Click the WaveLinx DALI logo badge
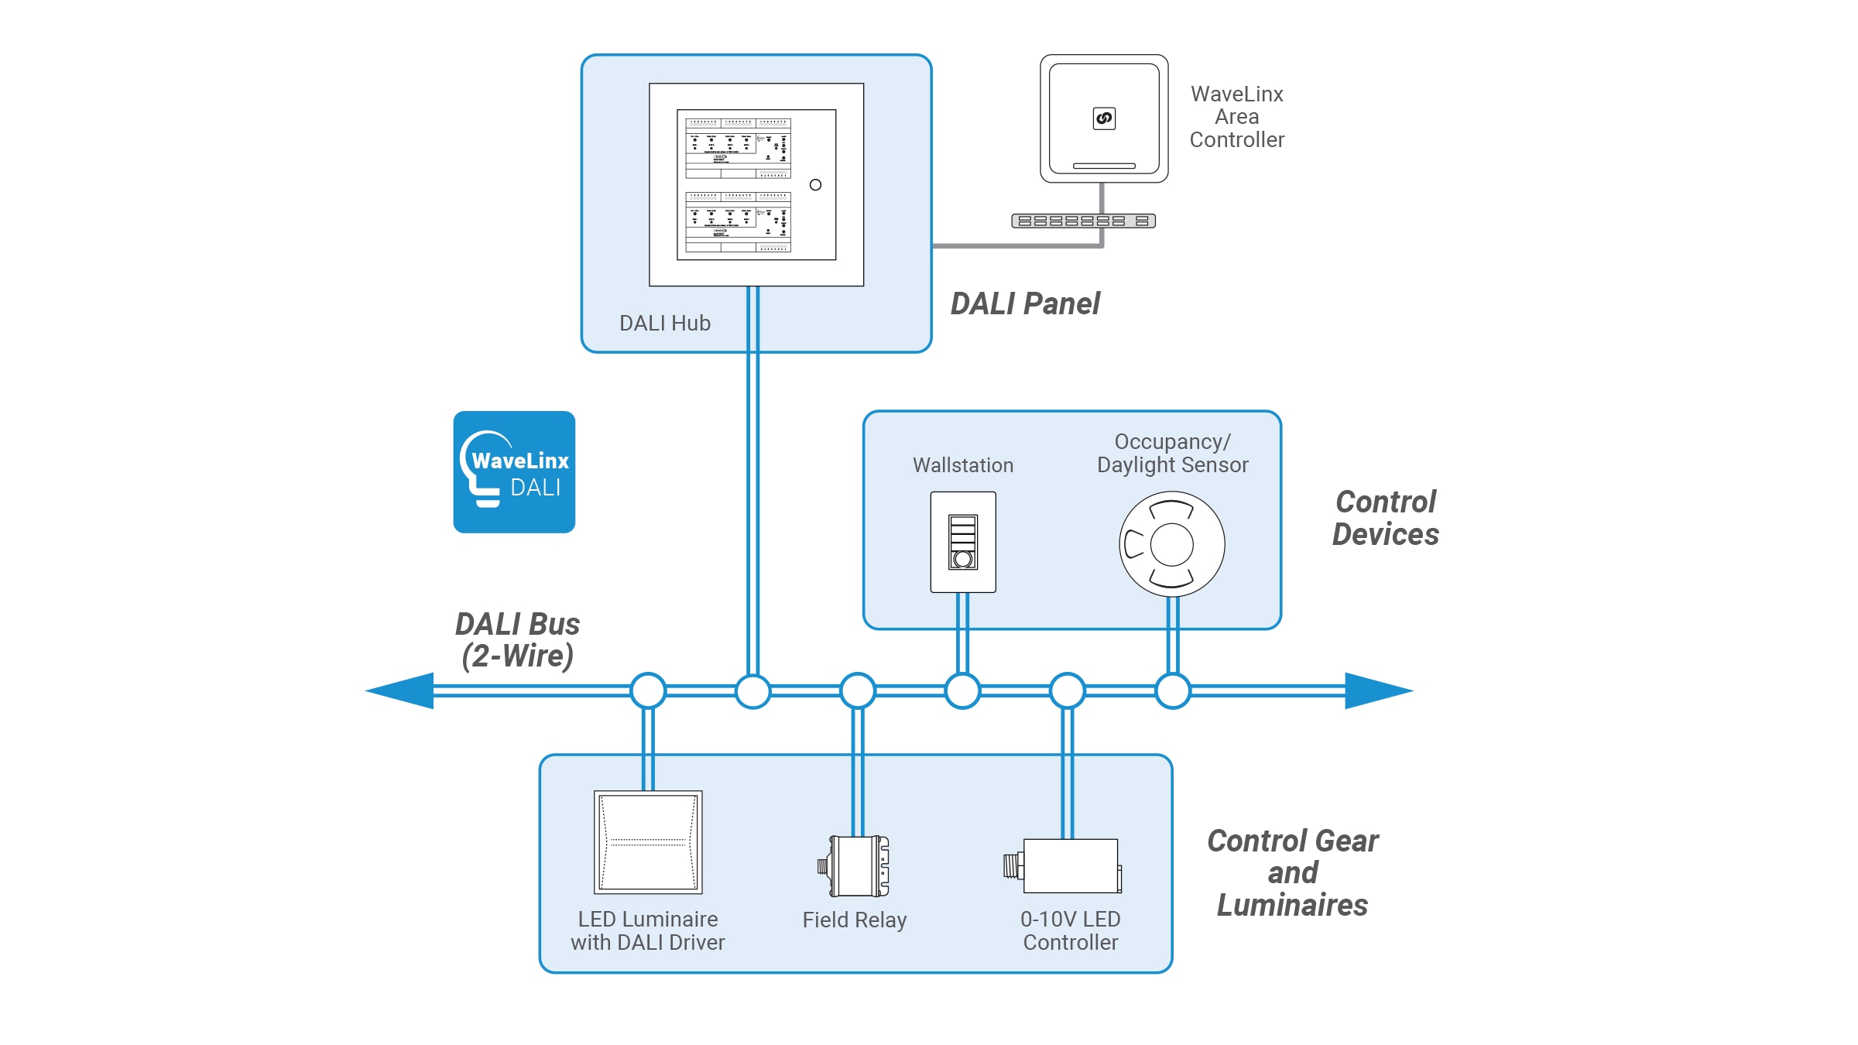[514, 471]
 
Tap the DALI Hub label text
[664, 323]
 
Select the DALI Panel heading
[1024, 303]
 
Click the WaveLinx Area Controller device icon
[1104, 118]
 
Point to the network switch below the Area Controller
[1083, 221]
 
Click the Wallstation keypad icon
[963, 542]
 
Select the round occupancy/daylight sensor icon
[1171, 544]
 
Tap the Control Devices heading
[1385, 518]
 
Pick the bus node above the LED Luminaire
[648, 690]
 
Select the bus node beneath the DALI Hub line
[752, 690]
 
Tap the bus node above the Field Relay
[858, 690]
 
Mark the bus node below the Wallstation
[963, 690]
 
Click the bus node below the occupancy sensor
[1173, 690]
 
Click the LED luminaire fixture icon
[648, 841]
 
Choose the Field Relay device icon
[855, 865]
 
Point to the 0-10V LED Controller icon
[1065, 865]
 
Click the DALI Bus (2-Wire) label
[517, 639]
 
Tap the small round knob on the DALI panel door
[815, 185]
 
